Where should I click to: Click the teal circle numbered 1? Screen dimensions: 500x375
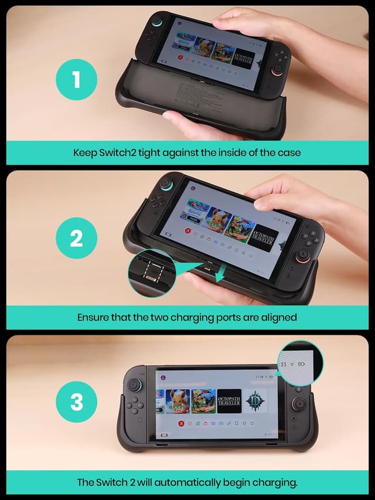[76, 79]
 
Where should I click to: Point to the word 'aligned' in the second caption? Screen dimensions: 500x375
[277, 317]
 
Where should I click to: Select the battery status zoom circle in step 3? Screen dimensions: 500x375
[300, 363]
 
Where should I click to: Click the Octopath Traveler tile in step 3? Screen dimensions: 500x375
[229, 401]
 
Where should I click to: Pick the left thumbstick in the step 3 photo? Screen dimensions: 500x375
[135, 386]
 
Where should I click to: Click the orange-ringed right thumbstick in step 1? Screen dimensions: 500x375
[275, 76]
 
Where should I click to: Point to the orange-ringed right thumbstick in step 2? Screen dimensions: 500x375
[304, 256]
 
